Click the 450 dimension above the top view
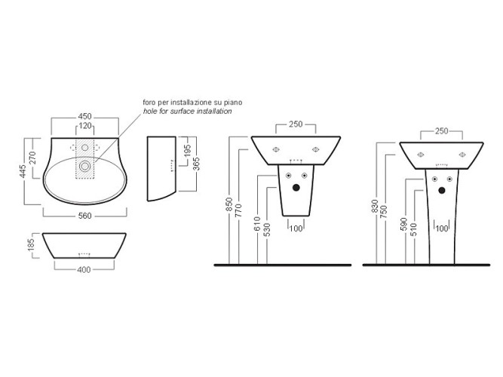click(84, 116)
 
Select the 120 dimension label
click(85, 126)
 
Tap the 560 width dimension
click(84, 216)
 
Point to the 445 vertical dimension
click(22, 172)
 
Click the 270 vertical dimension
click(32, 158)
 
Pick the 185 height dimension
click(31, 246)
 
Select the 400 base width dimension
click(84, 270)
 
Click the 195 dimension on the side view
click(188, 151)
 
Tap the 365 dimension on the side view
click(197, 164)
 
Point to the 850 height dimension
click(229, 204)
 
